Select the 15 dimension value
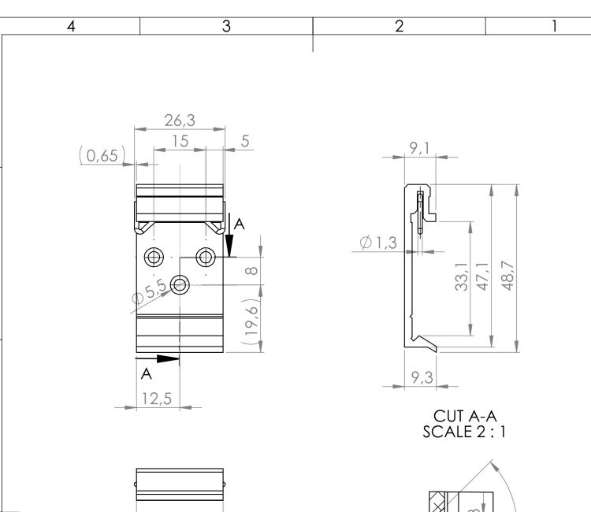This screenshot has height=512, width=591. tap(180, 139)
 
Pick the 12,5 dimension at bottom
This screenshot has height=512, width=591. tap(157, 399)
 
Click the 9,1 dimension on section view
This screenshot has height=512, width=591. tap(419, 147)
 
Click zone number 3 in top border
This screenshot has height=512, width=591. tap(226, 26)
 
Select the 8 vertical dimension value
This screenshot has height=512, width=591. tap(251, 271)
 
